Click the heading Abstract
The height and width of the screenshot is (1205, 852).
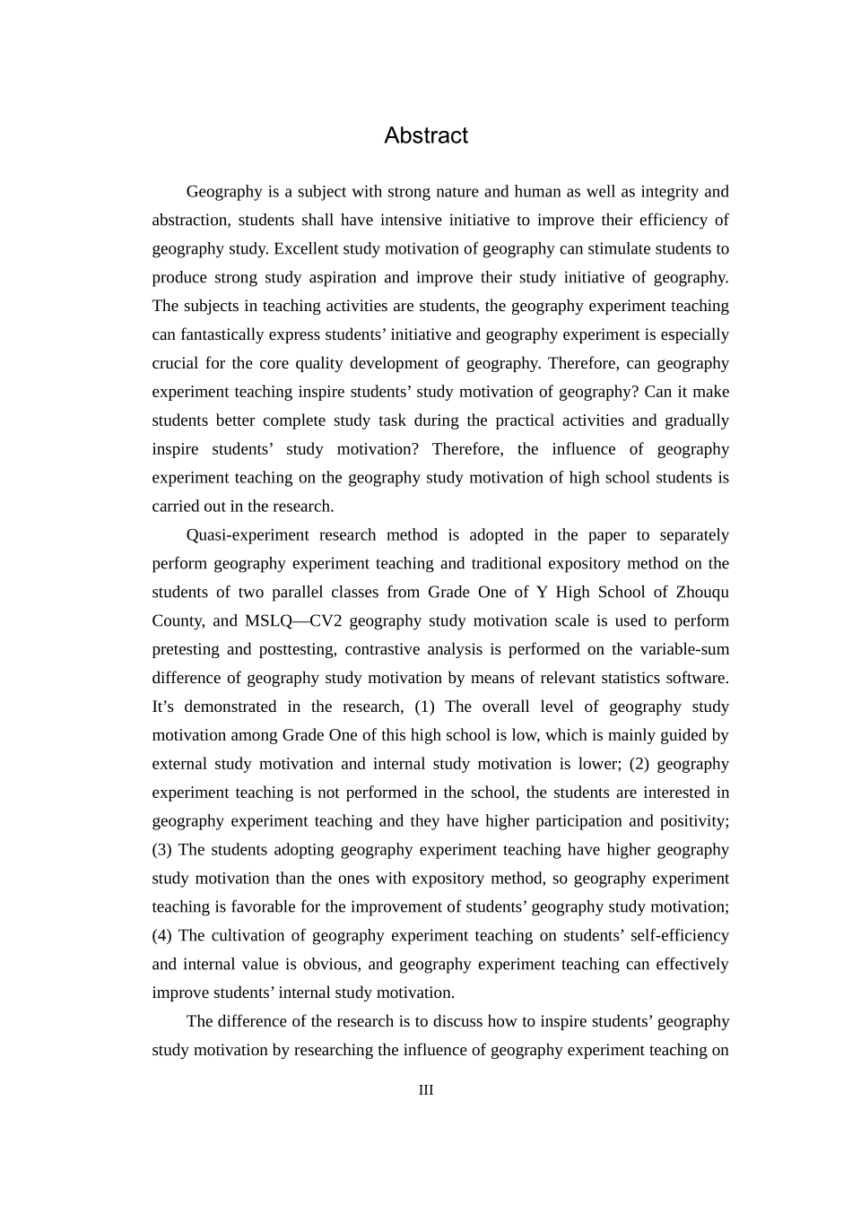[426, 135]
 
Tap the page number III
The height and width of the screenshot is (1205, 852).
[426, 1090]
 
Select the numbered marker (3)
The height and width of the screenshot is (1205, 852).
[161, 850]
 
